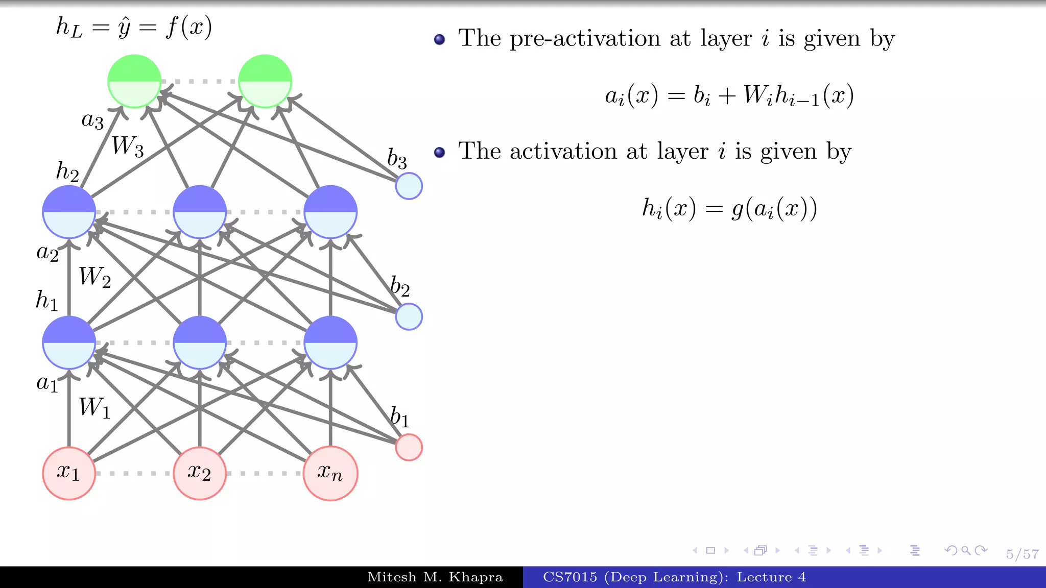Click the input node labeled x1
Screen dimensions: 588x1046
[69, 473]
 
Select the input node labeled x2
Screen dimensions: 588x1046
[200, 473]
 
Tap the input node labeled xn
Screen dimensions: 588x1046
[330, 473]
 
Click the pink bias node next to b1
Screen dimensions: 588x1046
[409, 447]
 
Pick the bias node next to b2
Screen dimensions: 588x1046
[409, 316]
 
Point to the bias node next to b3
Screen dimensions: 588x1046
[409, 186]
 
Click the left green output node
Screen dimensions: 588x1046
[134, 81]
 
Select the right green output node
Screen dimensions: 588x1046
[265, 81]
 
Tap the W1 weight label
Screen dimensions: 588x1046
[95, 408]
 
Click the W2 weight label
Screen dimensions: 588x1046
[95, 277]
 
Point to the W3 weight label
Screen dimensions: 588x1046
[128, 146]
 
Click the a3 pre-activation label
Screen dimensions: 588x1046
[92, 120]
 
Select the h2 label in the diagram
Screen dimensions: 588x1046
[67, 171]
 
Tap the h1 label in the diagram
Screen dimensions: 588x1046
[47, 300]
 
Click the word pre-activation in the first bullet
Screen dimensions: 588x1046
[585, 39]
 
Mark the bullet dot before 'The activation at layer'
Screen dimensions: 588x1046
[439, 152]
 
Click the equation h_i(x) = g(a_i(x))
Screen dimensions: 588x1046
[729, 208]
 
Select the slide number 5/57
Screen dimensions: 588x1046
[1022, 554]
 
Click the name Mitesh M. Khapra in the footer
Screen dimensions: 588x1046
[435, 577]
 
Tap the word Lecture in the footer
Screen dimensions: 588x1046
[764, 577]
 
